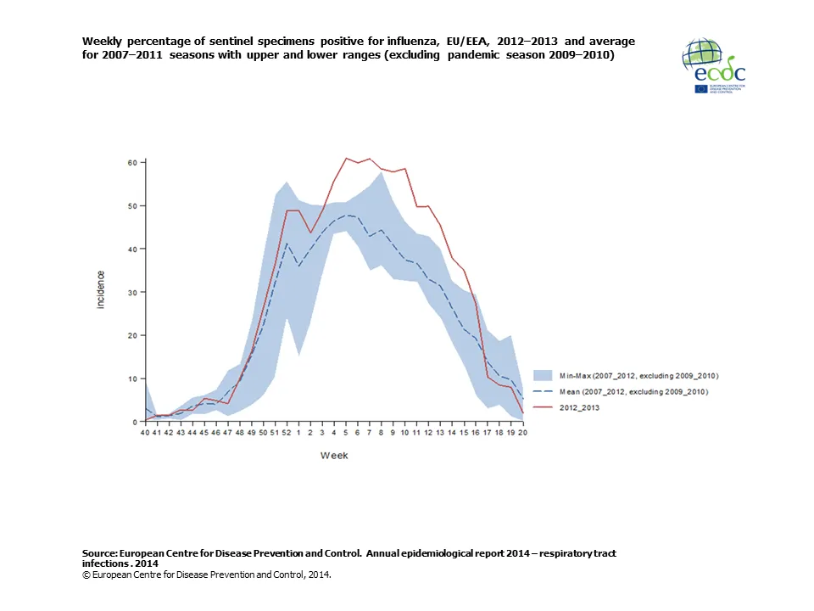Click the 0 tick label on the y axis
point(136,422)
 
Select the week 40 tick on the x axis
point(144,433)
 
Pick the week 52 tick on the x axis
point(287,433)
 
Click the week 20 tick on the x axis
point(522,433)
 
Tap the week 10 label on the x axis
point(404,433)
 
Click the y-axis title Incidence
point(101,289)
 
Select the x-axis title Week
point(333,456)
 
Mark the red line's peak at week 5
point(346,158)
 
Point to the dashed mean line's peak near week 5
point(348,215)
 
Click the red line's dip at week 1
point(310,233)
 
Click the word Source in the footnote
point(99,553)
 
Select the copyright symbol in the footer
point(86,575)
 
